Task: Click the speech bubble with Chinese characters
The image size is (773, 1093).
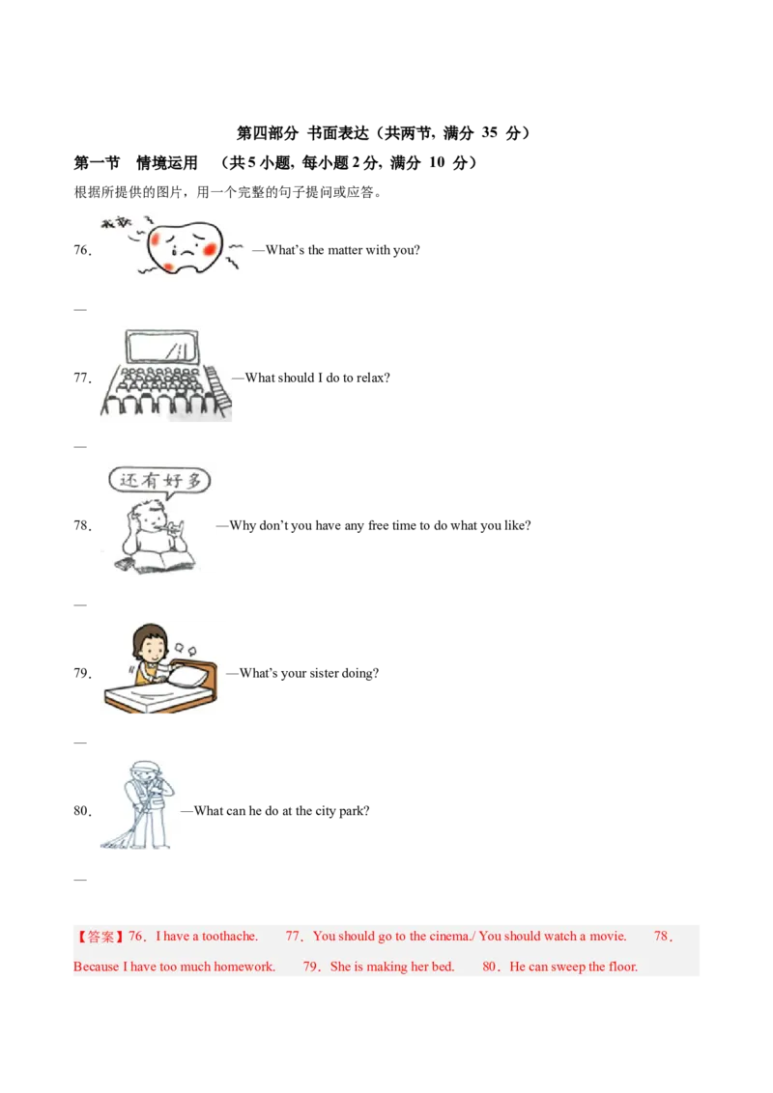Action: tap(159, 480)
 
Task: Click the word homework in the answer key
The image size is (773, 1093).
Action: tap(240, 967)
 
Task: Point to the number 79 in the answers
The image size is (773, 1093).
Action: tap(310, 967)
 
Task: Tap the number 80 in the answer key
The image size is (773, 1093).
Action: tap(490, 967)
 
